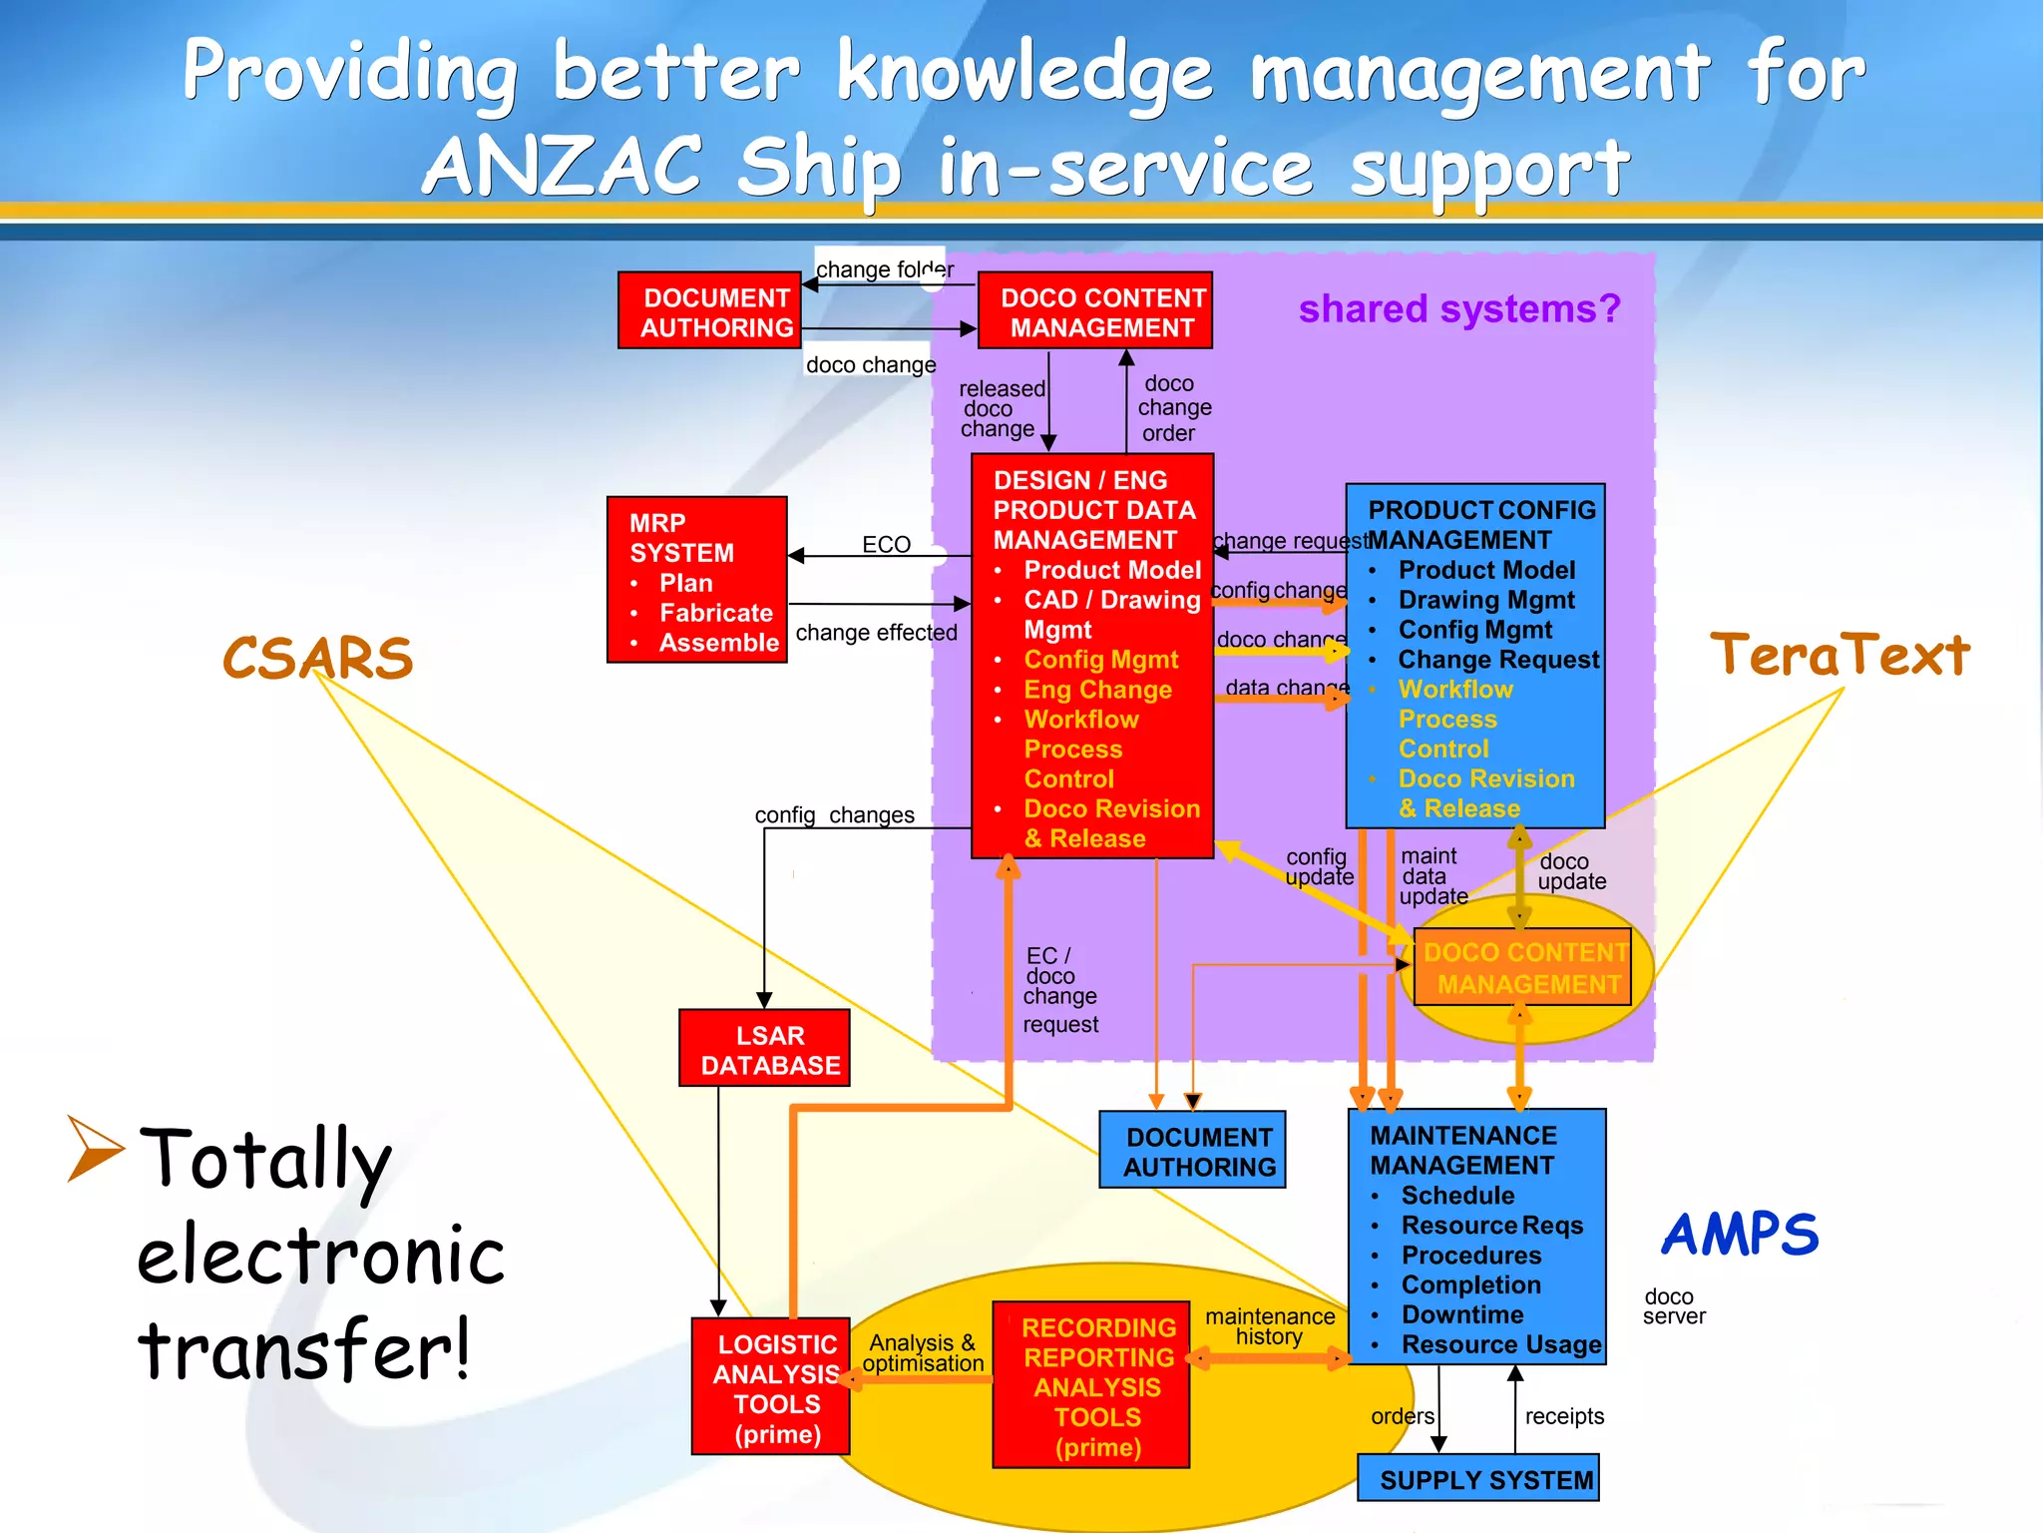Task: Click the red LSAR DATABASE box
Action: coord(764,1048)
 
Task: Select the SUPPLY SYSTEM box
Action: coord(1478,1478)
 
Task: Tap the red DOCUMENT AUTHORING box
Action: coord(709,311)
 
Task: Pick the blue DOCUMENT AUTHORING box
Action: coord(1192,1151)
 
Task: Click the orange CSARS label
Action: coord(317,658)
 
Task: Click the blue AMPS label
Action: coord(1740,1235)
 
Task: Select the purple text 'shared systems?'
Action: coord(1458,309)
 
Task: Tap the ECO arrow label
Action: coord(886,544)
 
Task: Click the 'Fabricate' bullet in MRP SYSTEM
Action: coord(715,613)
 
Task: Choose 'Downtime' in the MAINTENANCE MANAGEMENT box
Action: coord(1462,1314)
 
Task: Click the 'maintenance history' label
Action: coord(1269,1326)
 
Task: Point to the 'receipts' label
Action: coord(1563,1416)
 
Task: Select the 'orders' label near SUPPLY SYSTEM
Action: coord(1402,1416)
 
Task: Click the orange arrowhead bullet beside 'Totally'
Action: coord(95,1148)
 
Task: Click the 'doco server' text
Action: coord(1673,1306)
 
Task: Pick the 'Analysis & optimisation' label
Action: coord(922,1353)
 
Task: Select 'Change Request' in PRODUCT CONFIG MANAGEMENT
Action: coord(1497,660)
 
